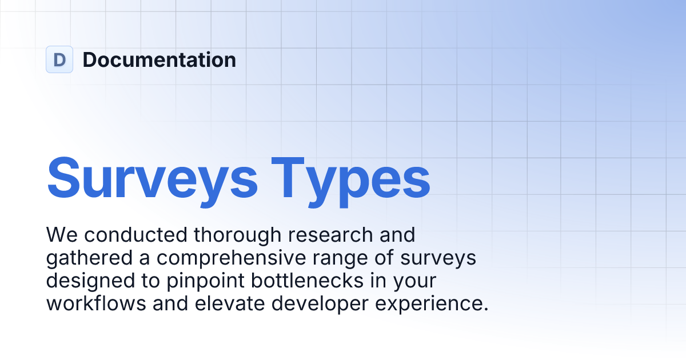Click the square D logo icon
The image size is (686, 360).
59,59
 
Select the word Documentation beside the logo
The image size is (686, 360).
159,59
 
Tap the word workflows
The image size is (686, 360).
95,303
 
